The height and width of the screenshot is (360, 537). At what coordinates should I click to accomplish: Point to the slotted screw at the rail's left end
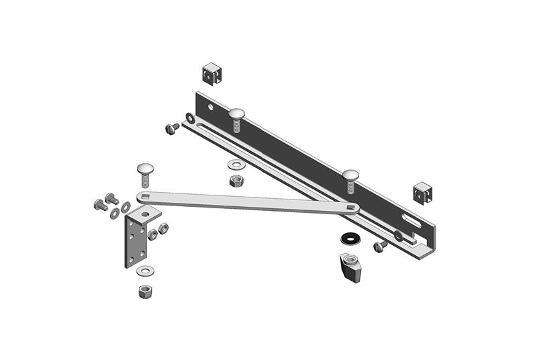pos(170,127)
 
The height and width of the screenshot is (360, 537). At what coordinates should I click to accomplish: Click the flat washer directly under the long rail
pos(236,164)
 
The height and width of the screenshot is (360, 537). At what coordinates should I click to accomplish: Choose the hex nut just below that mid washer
pos(235,181)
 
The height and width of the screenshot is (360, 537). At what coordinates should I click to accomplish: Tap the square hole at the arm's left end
pos(144,196)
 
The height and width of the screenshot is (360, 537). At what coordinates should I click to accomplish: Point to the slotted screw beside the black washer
pos(380,246)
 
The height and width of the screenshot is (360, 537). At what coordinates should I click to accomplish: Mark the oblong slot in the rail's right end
pos(411,220)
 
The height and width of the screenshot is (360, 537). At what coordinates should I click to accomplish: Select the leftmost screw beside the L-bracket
pos(100,204)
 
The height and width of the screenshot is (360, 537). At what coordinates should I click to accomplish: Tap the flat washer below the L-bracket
pos(144,271)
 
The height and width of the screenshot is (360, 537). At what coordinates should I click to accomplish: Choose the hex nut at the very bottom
pos(144,291)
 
